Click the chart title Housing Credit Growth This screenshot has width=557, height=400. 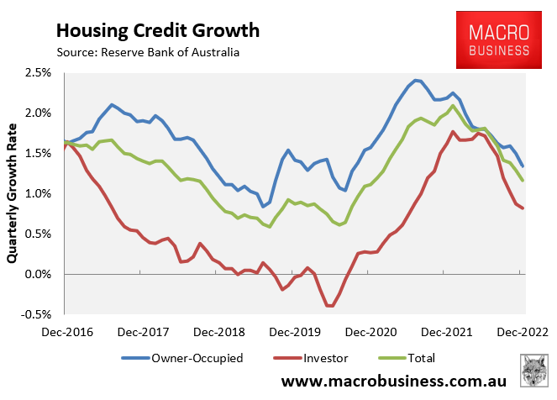tap(158, 31)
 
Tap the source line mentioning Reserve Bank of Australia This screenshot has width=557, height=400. tap(148, 53)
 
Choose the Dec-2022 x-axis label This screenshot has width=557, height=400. tap(523, 331)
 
